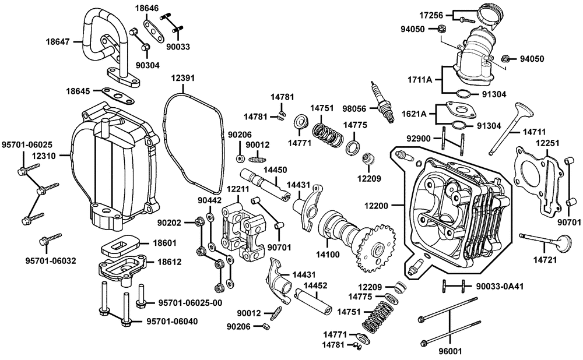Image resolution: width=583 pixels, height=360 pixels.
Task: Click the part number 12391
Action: (x=183, y=79)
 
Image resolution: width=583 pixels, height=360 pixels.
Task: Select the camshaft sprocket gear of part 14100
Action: (x=375, y=248)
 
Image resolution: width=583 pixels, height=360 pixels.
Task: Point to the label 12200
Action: (x=376, y=206)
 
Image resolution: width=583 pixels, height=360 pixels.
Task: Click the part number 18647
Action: (x=58, y=41)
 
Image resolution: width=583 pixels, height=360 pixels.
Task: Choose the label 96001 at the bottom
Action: (x=450, y=350)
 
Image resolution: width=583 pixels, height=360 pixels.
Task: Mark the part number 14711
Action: (x=534, y=132)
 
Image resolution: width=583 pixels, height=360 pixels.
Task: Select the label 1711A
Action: (x=420, y=79)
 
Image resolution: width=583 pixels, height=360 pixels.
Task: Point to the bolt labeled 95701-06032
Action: (x=50, y=239)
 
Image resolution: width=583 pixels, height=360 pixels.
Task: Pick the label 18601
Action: (x=164, y=243)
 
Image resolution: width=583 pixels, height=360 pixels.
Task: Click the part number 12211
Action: (x=238, y=189)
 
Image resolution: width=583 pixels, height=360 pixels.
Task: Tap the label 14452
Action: (x=315, y=285)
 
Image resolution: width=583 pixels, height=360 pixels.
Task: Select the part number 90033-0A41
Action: (x=500, y=287)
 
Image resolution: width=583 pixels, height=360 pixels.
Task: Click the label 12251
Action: (x=547, y=143)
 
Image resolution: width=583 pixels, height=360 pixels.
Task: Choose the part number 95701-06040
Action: (x=172, y=322)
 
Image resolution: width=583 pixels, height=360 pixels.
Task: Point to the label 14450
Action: (x=275, y=170)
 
